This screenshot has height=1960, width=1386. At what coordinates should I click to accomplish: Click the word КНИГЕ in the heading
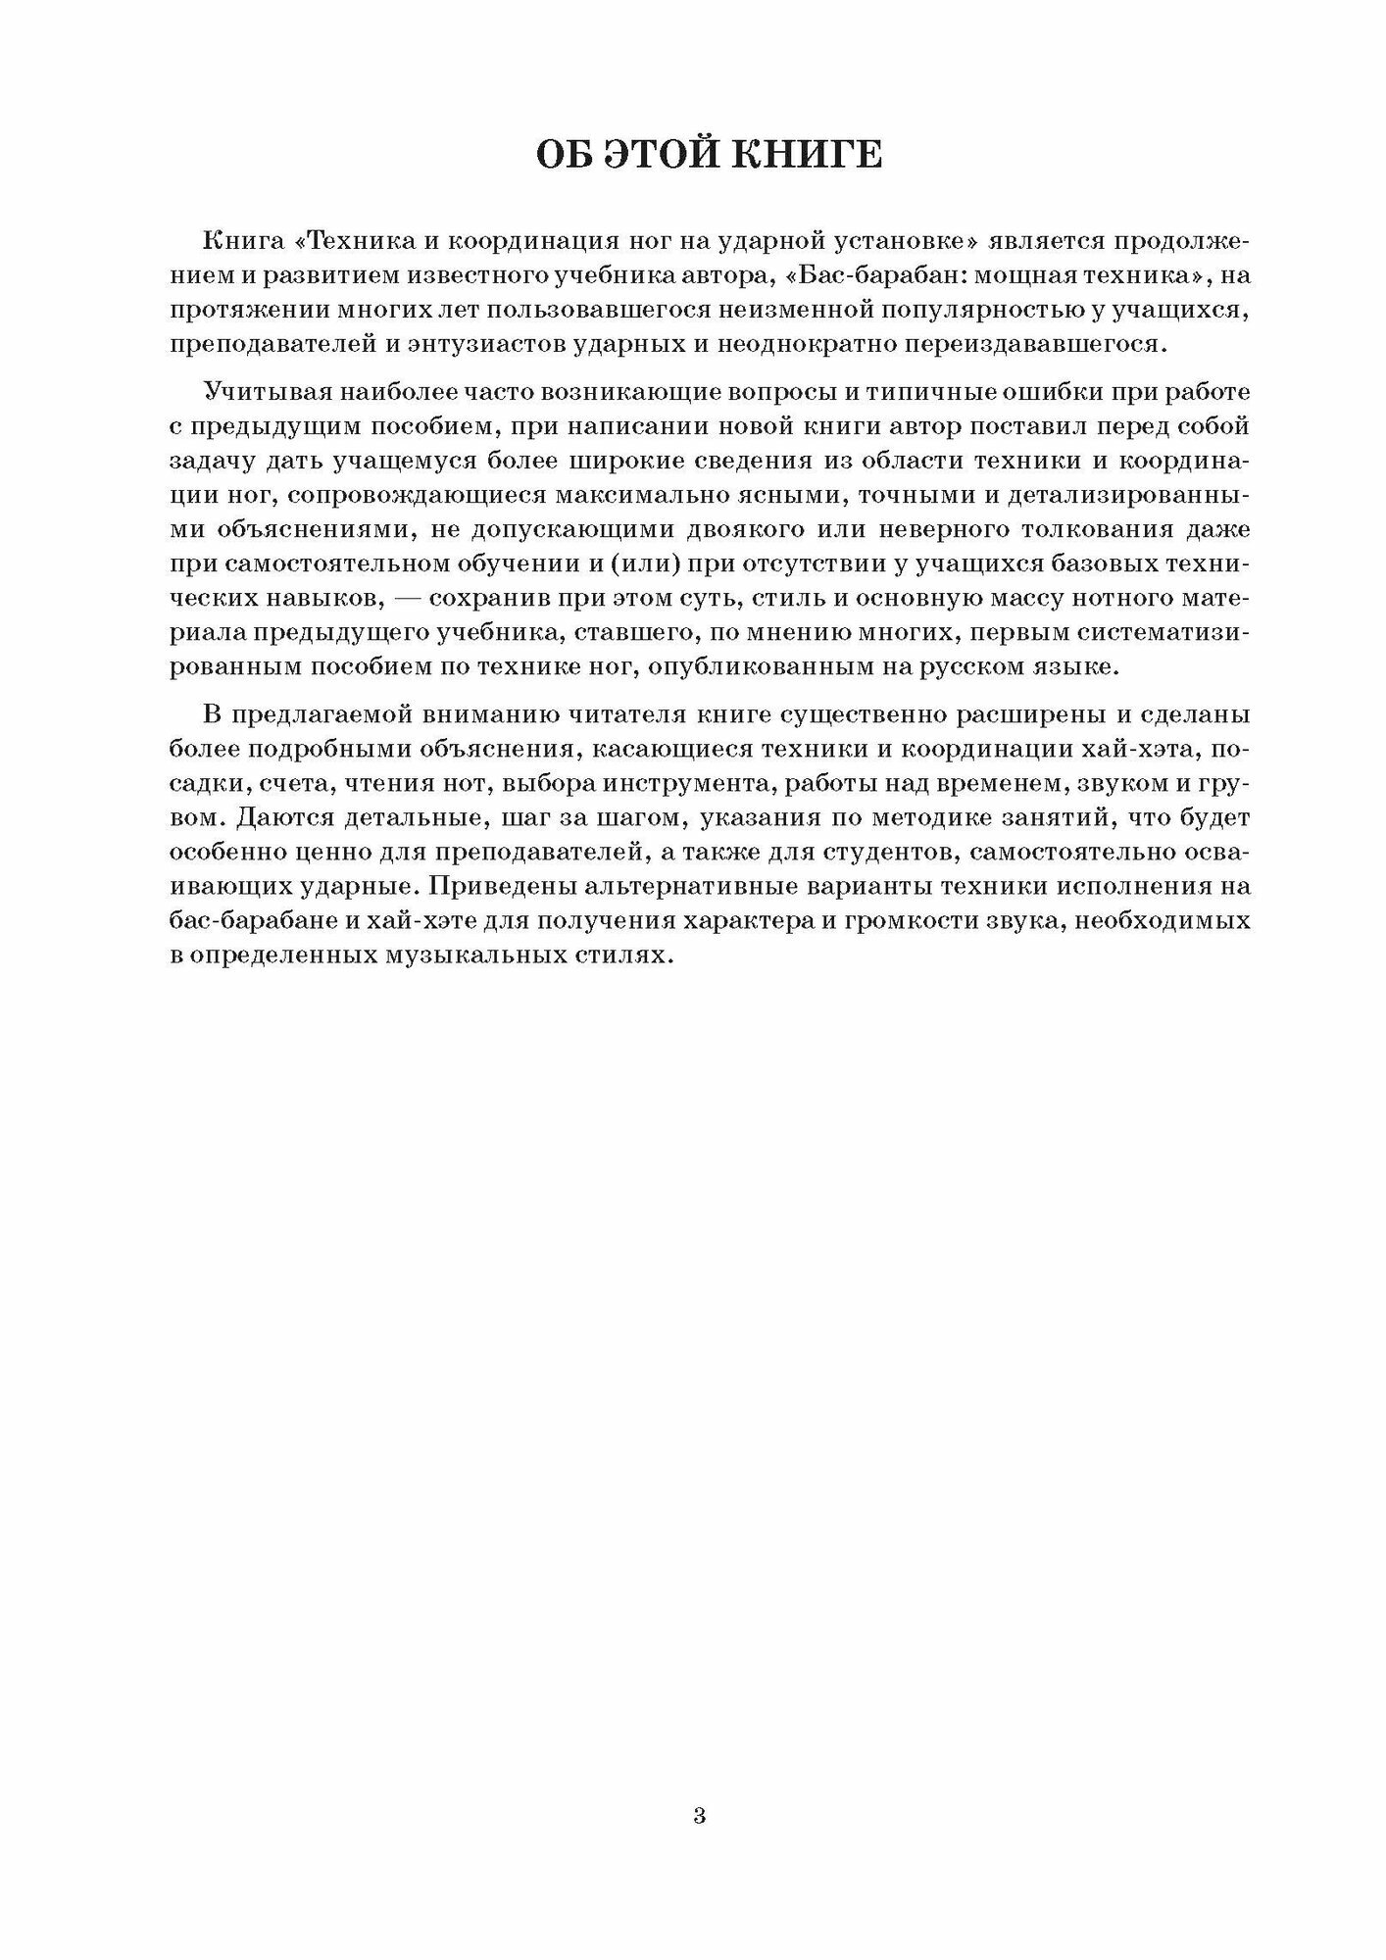pyautogui.click(x=808, y=155)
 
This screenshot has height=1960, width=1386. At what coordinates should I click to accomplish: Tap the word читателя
pyautogui.click(x=546, y=715)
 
